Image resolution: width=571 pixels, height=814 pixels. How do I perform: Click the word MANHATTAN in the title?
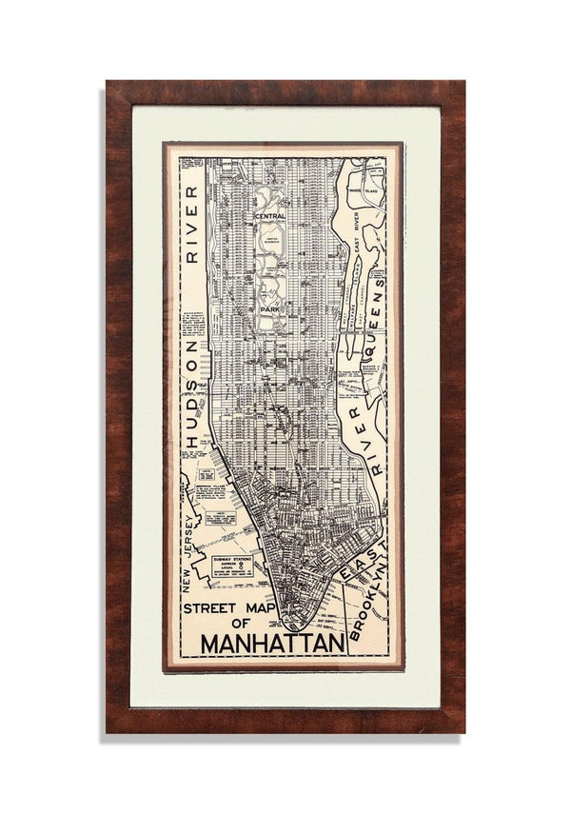tap(272, 645)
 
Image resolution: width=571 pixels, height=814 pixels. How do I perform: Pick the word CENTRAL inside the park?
tap(269, 217)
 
